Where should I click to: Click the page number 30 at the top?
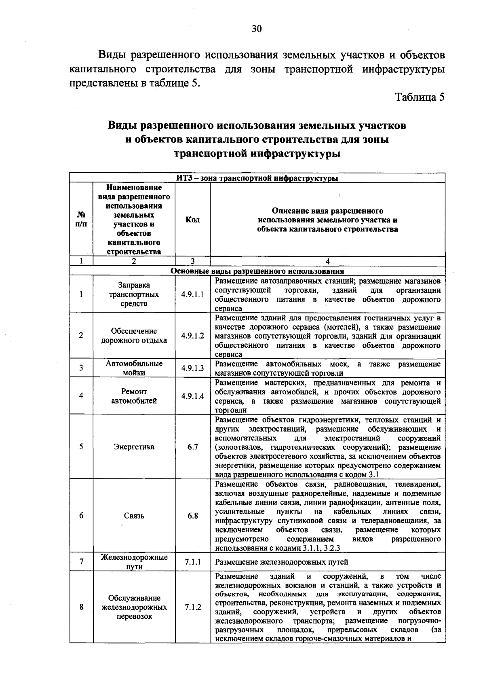(257, 29)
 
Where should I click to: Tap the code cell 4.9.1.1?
(192, 294)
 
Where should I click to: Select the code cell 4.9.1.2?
(192, 336)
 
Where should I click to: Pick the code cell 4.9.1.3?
(192, 368)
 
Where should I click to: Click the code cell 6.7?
(192, 447)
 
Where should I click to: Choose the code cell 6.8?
(192, 516)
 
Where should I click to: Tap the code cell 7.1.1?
(192, 562)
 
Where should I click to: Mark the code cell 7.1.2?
(192, 607)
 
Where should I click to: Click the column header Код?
(192, 220)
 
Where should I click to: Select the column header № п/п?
(81, 220)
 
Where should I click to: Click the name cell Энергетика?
(134, 447)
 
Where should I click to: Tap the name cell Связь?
(134, 516)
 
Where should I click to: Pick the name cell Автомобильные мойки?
(134, 368)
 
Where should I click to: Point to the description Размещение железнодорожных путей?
(282, 562)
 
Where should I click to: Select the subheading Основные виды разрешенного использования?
(257, 271)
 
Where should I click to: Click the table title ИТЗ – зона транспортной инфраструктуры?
(257, 178)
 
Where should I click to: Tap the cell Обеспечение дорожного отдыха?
(134, 336)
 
